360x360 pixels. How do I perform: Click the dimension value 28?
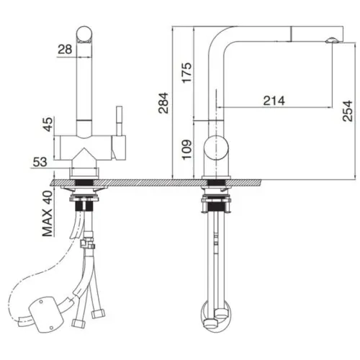pyautogui.click(x=65, y=48)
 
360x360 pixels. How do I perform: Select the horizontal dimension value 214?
pyautogui.click(x=273, y=101)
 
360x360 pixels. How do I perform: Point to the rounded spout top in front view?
pyautogui.click(x=86, y=34)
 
